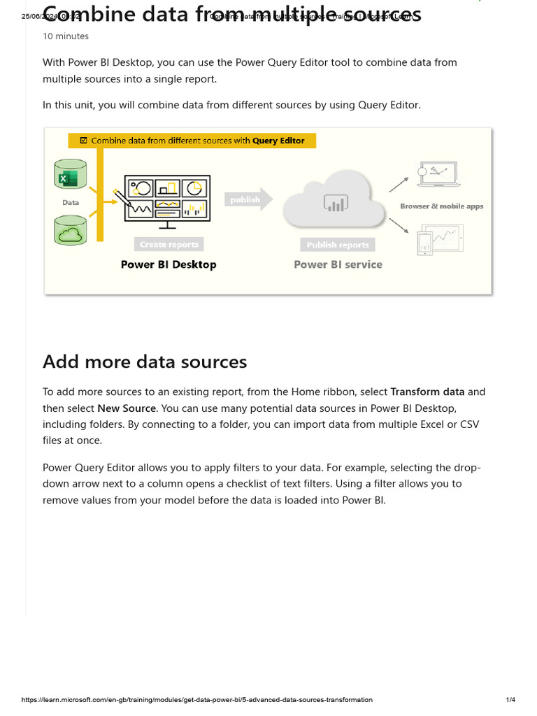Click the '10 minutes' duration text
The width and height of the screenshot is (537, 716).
coord(66,36)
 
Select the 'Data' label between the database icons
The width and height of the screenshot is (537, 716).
coord(71,202)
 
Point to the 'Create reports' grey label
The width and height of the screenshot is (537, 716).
coord(169,245)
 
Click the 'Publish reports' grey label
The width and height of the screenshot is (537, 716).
coord(338,245)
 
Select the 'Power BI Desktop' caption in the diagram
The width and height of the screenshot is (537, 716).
coord(169,264)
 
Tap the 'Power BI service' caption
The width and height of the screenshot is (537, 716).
coord(338,264)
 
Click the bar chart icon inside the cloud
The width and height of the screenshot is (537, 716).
coord(335,203)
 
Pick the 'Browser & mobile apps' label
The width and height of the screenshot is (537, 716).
coord(441,206)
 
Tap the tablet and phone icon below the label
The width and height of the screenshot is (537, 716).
coord(440,240)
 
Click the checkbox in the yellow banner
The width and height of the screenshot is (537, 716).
coord(84,141)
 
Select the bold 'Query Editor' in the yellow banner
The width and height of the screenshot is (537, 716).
coord(278,141)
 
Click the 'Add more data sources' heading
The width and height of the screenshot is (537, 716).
coord(145,361)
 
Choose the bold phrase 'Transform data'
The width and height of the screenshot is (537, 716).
coord(427,392)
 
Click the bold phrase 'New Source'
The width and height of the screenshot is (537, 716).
coord(131,408)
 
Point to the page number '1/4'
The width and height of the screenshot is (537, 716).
coord(510,699)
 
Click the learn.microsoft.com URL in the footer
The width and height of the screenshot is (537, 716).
coord(197,699)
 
